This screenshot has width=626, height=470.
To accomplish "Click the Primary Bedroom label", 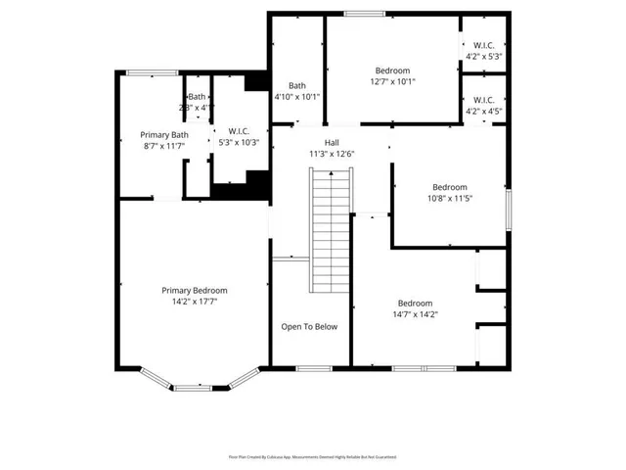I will pos(195,291).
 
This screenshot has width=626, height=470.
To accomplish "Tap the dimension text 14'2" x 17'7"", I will pos(195,303).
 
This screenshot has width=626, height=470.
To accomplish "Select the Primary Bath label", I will pos(164,135).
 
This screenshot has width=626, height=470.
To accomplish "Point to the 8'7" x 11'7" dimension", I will pos(164,146).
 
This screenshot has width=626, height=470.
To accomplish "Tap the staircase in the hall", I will pos(330,230).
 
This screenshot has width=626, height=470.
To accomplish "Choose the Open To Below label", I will pos(309,327).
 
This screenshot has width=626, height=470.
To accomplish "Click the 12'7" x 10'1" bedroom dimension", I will pos(393,82).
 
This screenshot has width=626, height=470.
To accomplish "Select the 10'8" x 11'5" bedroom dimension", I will pos(450,199).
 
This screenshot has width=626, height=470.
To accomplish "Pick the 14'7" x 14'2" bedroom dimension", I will pos(415,315).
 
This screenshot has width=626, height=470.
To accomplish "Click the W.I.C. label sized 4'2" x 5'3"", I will pos(483,45).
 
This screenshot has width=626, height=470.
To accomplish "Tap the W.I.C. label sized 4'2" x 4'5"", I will pos(483,100).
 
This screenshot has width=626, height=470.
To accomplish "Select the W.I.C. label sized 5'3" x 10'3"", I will pos(238,131).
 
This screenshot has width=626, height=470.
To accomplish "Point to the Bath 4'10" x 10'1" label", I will pos(296,86).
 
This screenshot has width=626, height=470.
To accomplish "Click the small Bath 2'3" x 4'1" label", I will pos(198,97).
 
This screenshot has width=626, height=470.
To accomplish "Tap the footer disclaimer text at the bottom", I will pos(312,457).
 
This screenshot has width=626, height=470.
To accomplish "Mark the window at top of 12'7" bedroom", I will pos(357,14).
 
